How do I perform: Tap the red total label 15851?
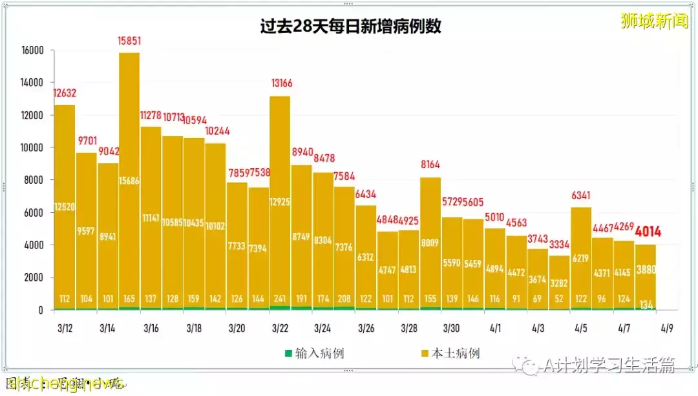pos(129,41)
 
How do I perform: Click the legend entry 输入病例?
pos(313,353)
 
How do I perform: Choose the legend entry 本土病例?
pos(450,353)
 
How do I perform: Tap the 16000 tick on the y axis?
pos(32,50)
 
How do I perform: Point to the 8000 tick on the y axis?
pos(34,180)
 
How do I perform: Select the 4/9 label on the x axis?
pos(666,329)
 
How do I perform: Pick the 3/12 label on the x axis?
pos(64,329)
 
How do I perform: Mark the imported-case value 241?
pos(280,300)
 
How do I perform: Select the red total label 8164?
pos(430,164)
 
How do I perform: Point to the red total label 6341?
pos(581,194)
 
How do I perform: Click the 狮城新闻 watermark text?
pos(654,21)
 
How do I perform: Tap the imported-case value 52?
pos(560,300)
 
